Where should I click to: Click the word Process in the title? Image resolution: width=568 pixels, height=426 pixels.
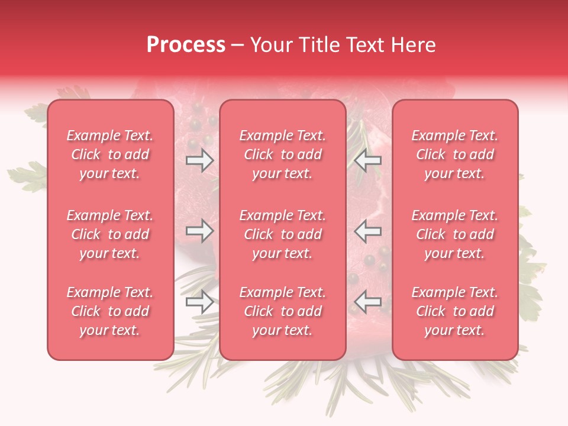[x=186, y=45]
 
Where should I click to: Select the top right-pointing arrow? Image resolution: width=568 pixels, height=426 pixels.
[x=199, y=160]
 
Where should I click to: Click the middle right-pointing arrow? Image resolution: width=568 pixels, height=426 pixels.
[x=199, y=231]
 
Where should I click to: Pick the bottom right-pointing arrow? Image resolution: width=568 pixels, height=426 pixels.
[x=199, y=302]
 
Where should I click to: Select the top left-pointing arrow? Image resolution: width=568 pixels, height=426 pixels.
[x=367, y=160]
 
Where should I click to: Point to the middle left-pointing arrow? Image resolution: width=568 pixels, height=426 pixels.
[x=367, y=231]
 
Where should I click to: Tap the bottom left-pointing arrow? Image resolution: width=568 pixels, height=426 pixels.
[x=367, y=302]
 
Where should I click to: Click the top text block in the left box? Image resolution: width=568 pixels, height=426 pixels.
[x=110, y=154]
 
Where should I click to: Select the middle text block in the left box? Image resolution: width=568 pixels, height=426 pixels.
[x=110, y=234]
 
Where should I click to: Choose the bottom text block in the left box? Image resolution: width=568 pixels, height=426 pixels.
[x=110, y=311]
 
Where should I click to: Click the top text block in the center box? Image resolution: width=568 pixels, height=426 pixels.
[x=282, y=154]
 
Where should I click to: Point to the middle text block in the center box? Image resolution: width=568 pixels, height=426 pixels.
[x=282, y=234]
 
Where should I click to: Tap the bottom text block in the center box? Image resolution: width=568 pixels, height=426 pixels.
[x=282, y=311]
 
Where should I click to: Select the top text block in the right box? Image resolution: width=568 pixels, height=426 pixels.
[x=454, y=154]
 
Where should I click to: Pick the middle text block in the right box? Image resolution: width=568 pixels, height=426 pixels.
[x=454, y=234]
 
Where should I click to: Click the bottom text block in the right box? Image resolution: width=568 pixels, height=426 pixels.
[x=454, y=311]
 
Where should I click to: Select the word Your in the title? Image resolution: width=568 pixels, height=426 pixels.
[x=270, y=45]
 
